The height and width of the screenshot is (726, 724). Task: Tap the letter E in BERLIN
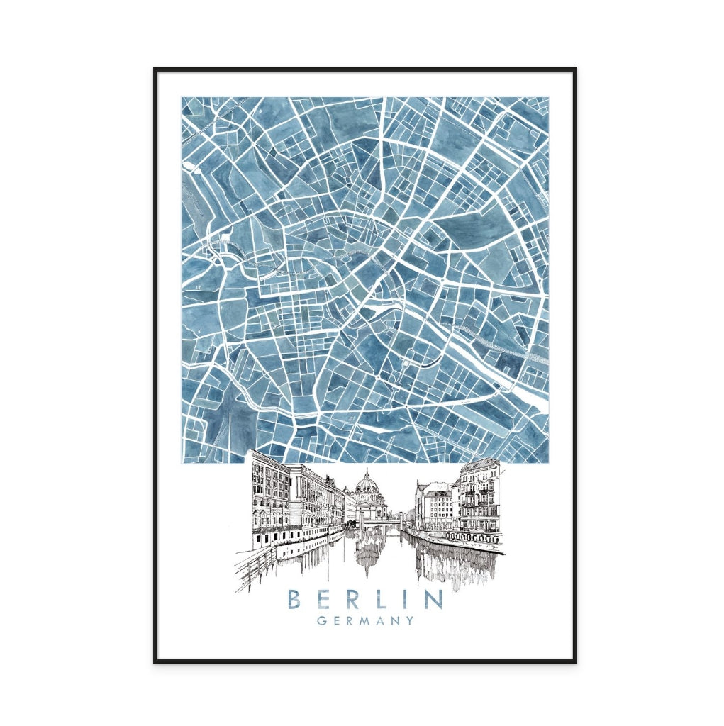click(324, 599)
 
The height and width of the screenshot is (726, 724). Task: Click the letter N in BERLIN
click(432, 599)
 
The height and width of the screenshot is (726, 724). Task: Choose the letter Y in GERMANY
click(410, 621)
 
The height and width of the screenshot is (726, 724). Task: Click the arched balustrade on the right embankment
click(474, 537)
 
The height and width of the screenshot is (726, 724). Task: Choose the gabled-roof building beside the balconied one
click(434, 505)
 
